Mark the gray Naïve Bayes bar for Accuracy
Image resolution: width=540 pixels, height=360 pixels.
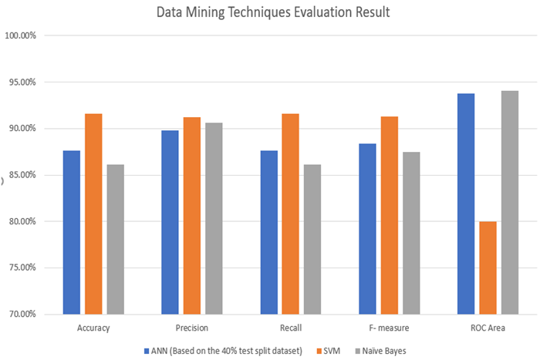(x=115, y=239)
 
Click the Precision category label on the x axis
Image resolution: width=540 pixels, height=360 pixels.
(x=191, y=328)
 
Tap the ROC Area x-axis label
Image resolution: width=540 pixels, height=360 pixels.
(x=488, y=328)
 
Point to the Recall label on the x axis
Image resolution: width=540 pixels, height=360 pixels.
(x=290, y=328)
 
